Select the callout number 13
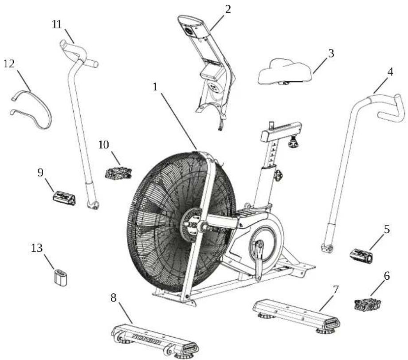click(38, 246)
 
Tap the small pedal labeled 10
click(118, 173)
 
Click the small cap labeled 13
click(60, 277)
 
